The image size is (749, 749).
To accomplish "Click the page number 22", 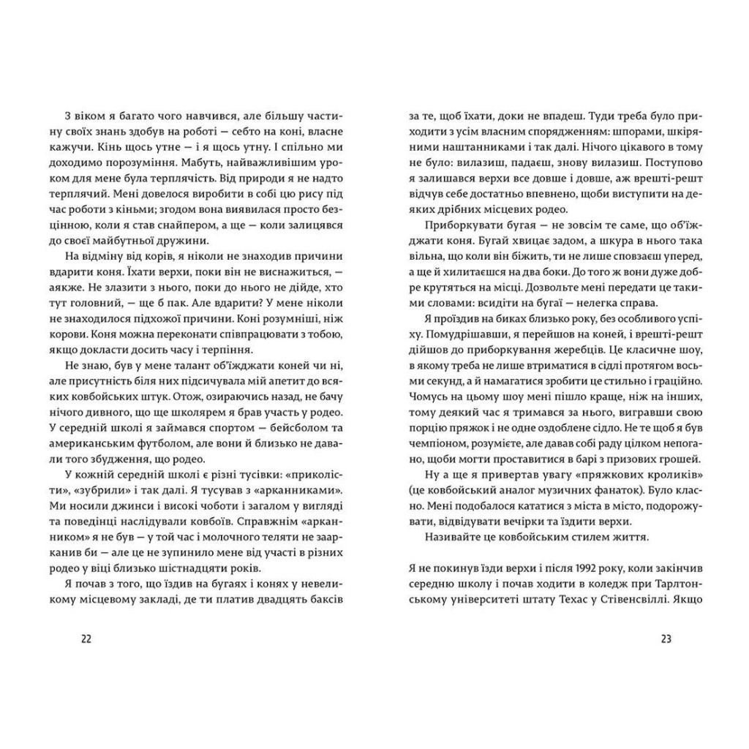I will tap(86, 639).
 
